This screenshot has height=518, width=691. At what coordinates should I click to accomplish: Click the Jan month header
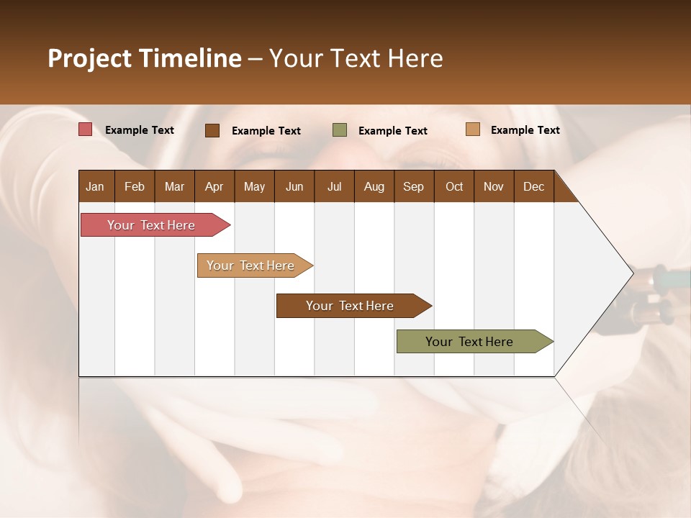click(x=96, y=186)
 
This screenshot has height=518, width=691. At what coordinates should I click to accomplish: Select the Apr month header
click(x=214, y=186)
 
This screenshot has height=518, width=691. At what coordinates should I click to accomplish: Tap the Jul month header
click(x=334, y=186)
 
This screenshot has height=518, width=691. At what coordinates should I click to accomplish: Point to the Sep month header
click(x=413, y=186)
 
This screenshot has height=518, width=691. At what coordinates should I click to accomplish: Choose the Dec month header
click(x=533, y=186)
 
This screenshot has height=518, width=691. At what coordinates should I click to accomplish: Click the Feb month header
click(x=135, y=186)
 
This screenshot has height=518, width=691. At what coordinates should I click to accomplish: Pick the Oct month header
click(x=454, y=186)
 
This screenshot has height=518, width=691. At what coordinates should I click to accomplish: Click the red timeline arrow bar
click(x=151, y=225)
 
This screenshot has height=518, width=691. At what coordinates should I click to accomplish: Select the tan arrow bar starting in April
click(x=250, y=265)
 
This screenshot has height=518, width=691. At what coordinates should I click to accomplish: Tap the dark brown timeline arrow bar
click(x=350, y=306)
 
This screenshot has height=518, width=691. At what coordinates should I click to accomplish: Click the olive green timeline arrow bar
click(x=469, y=342)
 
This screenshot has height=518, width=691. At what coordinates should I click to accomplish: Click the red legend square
click(x=86, y=129)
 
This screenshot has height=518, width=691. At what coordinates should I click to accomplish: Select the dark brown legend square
click(x=212, y=130)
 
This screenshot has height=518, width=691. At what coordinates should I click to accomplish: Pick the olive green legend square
click(x=340, y=129)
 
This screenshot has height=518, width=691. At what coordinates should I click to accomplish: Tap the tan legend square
click(x=473, y=129)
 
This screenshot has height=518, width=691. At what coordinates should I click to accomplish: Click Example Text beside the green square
click(x=392, y=130)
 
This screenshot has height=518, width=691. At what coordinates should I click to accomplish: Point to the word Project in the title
click(x=89, y=58)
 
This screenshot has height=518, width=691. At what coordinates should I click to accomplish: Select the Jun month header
click(x=294, y=186)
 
